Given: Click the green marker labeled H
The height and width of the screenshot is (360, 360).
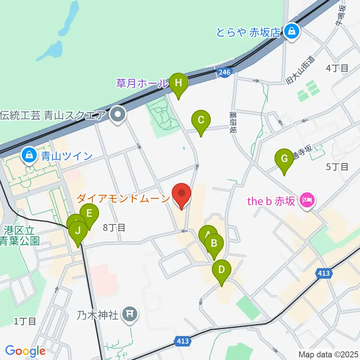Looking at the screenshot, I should coord(178,82).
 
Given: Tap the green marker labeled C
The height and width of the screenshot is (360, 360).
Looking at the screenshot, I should coord(201,120).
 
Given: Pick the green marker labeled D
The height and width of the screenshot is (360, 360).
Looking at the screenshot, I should coord(222,270).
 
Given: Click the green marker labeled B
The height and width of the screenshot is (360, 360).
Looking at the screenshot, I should coord(214,243).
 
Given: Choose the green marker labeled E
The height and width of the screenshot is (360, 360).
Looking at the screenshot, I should coord(89,214).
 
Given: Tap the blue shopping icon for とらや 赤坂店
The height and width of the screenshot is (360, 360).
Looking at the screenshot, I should coord(291,31).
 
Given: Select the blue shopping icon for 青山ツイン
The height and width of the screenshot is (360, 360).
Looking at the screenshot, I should coord(29,155).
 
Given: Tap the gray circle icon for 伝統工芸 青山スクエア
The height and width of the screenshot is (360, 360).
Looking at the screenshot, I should coord(118,114).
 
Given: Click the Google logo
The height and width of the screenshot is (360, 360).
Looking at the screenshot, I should coord(25,351).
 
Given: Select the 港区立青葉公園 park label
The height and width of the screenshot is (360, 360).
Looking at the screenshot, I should coord(21,235).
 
